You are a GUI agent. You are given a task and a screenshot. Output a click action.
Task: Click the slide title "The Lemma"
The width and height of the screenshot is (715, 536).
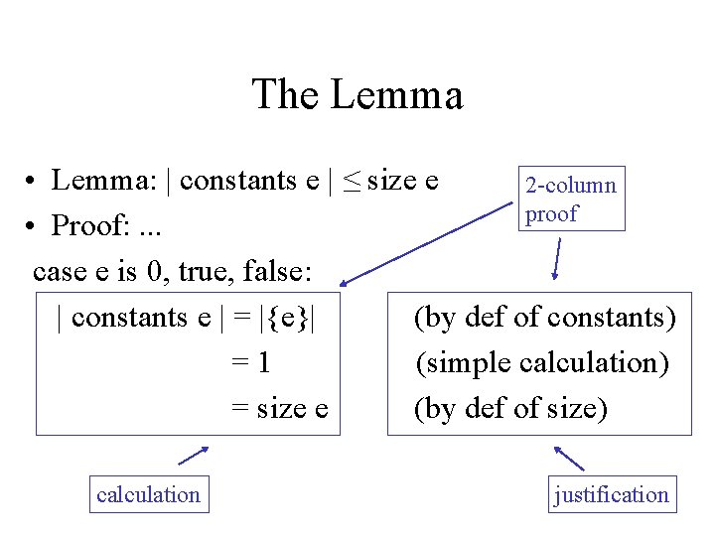357,95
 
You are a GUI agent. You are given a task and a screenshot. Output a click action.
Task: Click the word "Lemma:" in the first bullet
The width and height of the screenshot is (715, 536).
108,181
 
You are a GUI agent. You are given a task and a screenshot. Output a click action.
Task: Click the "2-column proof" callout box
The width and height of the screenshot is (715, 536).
571,199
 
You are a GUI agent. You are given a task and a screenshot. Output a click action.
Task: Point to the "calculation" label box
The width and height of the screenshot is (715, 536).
148,493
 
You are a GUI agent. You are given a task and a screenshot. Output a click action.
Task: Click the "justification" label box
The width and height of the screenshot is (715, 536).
612,493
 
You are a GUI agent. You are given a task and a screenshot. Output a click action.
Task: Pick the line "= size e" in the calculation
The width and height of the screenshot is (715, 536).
279,408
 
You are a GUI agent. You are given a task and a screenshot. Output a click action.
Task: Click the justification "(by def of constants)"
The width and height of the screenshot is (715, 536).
545,318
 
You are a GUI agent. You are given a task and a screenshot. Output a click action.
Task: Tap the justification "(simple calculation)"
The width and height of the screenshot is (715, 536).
542,363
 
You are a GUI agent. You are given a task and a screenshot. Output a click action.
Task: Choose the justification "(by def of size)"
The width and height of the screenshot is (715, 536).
510,408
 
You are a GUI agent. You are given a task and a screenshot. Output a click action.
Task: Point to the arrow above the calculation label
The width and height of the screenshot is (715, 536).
193,455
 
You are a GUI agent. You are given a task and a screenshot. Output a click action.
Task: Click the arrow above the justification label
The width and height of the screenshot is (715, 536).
569,458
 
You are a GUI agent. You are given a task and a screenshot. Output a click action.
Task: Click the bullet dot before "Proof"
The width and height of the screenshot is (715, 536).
33,226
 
